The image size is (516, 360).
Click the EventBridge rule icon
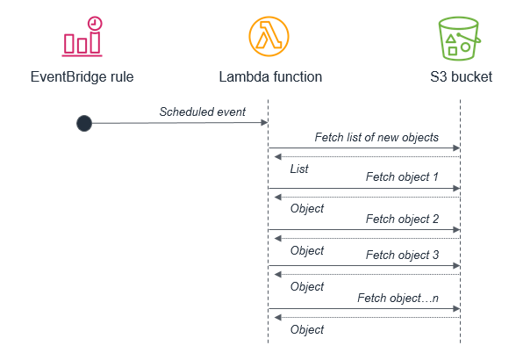[82, 37]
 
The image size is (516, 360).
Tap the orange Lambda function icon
[269, 37]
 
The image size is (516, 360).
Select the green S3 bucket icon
[460, 39]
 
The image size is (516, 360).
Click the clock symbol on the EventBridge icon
[95, 24]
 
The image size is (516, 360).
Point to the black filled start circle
[84, 123]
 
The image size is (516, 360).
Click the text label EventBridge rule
[82, 76]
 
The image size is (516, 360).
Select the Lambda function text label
[270, 76]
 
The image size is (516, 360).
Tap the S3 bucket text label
[461, 76]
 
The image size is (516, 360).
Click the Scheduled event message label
[203, 112]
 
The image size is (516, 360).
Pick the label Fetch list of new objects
[376, 137]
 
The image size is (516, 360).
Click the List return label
[299, 169]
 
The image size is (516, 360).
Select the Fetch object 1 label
[402, 176]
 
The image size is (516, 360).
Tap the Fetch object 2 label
[402, 219]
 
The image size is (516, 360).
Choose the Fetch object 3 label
[402, 255]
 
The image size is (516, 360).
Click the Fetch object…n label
[398, 298]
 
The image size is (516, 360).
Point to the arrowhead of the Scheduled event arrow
[264, 123]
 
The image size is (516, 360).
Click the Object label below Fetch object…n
[307, 329]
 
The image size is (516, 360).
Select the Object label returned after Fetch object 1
[307, 208]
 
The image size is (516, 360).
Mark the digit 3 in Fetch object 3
[435, 255]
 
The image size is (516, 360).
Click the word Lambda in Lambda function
[244, 76]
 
